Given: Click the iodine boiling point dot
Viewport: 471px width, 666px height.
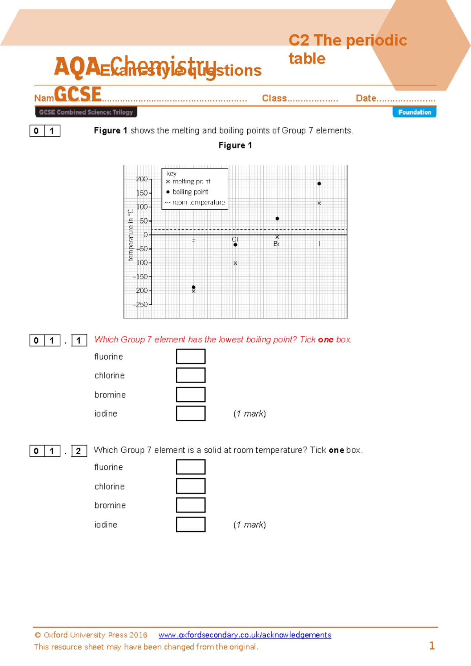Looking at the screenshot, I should (x=319, y=183).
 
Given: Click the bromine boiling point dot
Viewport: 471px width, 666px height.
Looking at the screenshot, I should (x=277, y=218).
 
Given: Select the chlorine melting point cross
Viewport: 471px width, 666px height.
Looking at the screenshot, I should (x=235, y=263).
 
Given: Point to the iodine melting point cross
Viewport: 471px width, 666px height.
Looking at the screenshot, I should (x=319, y=203).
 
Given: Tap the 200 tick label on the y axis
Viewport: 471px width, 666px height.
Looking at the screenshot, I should (x=141, y=179).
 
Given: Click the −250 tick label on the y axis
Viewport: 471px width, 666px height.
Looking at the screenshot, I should (x=140, y=304).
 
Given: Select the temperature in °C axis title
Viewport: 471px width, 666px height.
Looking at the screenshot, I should (x=131, y=235).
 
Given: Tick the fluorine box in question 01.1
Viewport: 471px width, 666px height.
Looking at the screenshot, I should (x=190, y=356).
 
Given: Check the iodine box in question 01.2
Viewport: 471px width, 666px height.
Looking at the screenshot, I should (x=190, y=524).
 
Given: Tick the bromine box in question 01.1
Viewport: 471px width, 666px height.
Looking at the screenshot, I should (x=190, y=394).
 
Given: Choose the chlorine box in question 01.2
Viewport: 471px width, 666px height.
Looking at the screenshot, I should (x=190, y=486).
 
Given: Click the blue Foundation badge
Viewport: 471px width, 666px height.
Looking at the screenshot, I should (x=414, y=112).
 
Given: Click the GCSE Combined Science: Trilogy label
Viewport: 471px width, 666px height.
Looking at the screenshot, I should (x=86, y=112).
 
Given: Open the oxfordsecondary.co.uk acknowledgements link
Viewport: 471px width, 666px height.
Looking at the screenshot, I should (x=245, y=635).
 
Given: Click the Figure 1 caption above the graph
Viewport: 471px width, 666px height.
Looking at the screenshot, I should (x=235, y=145).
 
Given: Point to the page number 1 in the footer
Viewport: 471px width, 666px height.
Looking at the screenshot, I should (x=432, y=646).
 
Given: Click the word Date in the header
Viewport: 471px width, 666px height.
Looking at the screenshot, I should (x=366, y=98).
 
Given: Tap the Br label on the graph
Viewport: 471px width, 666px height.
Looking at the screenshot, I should (x=276, y=244).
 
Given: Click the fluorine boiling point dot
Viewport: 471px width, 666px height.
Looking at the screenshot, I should (x=194, y=287).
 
